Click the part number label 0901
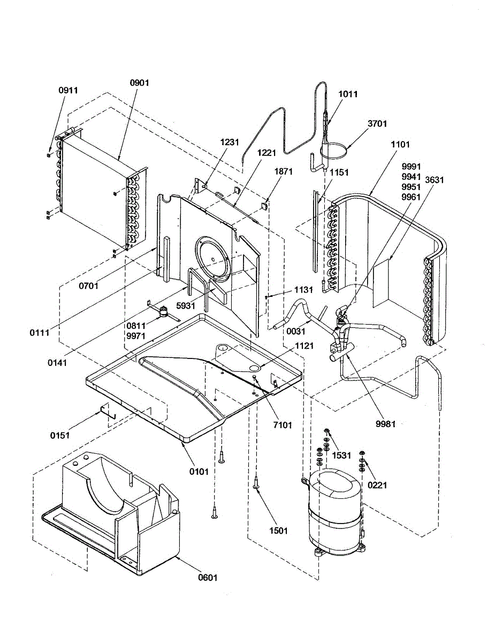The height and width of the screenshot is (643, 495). pos(140,83)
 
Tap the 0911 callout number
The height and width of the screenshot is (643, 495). pos(68,90)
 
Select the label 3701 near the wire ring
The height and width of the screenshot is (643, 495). pos(377,123)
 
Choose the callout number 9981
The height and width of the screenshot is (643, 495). pos(385,424)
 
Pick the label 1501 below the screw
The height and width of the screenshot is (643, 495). pos(278,530)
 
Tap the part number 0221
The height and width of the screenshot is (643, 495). pos(377,485)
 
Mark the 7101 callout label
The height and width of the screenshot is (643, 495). pos(282,425)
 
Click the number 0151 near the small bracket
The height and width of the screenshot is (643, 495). pos(60,435)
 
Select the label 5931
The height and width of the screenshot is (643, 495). pos(186,305)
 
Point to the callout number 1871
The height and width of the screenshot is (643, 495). pos(283,171)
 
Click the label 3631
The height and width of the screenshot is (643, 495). pos(435,180)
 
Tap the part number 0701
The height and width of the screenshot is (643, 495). pos(89,286)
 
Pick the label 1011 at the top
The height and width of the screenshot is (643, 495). pos(348,94)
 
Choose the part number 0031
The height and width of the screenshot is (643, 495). pos(295,331)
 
